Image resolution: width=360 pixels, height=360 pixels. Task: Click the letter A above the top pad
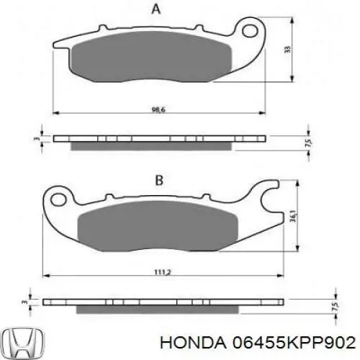coord(156,9)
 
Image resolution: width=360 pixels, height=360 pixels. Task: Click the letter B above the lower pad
coord(159,181)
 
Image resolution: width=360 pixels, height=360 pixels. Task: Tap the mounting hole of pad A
coord(250,31)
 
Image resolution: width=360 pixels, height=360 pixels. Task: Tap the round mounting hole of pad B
coord(58,199)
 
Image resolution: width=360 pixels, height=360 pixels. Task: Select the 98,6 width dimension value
coord(158,109)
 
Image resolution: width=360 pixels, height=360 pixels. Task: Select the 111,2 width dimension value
coord(162,272)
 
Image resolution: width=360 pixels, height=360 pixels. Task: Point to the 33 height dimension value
coord(287,50)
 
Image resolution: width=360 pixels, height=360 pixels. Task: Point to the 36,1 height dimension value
coord(293,216)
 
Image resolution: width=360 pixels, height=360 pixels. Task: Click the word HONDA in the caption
coord(193,343)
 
